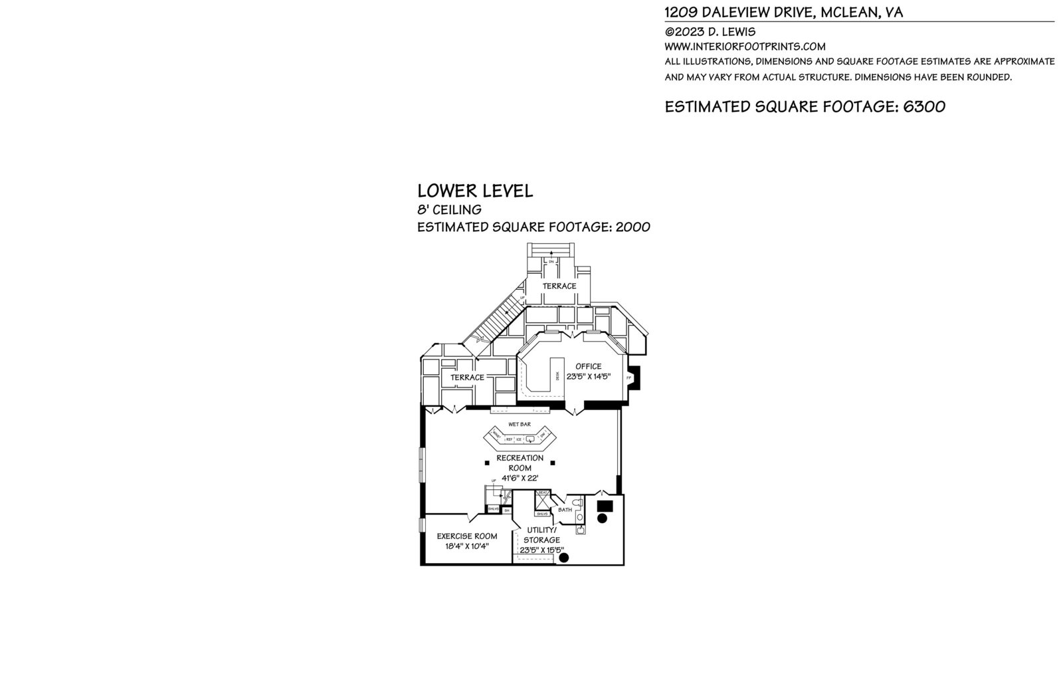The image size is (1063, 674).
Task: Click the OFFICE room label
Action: (588, 366)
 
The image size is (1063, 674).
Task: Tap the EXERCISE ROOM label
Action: (466, 536)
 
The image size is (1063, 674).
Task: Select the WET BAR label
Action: (519, 424)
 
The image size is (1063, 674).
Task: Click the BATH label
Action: (565, 510)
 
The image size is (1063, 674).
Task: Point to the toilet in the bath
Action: (579, 517)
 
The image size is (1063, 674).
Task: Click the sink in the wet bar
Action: (530, 439)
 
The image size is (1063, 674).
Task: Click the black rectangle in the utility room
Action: (605, 506)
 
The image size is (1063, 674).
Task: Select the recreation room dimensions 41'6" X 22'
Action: (520, 478)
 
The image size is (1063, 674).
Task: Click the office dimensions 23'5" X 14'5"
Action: (588, 377)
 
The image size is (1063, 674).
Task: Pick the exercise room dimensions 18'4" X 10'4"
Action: (466, 546)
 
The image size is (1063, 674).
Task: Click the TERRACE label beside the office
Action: (467, 378)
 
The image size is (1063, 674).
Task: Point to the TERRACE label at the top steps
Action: (559, 286)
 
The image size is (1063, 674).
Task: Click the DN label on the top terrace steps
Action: (551, 262)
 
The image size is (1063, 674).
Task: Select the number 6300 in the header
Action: (923, 107)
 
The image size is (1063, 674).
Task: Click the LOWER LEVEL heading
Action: (475, 191)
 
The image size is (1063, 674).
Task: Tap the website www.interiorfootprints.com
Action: (745, 47)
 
